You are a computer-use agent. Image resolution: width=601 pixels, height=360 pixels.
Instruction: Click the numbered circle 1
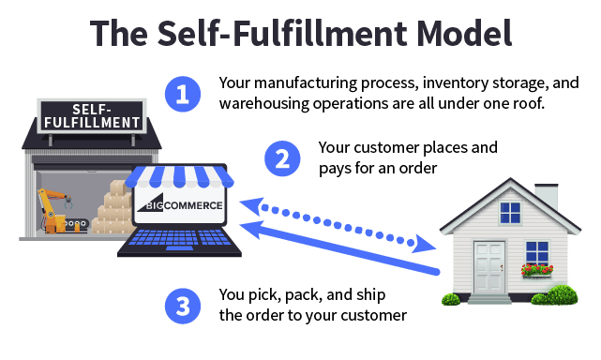[183, 94]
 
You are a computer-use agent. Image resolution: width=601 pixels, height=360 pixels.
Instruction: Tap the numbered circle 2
[282, 158]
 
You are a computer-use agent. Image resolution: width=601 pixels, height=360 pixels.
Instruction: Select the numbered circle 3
[183, 306]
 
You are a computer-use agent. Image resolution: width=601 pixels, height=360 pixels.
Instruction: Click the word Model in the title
[464, 33]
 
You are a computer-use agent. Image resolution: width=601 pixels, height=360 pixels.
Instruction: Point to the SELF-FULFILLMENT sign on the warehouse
[92, 116]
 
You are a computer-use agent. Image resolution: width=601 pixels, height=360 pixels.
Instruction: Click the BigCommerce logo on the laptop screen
[180, 206]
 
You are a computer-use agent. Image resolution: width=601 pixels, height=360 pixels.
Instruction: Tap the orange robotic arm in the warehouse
[54, 210]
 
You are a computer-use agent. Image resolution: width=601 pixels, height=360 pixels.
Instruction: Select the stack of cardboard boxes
[113, 208]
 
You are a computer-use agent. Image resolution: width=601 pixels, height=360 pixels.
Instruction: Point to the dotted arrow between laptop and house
[338, 225]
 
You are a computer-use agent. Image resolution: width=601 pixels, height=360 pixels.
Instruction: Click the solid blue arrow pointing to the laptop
[339, 247]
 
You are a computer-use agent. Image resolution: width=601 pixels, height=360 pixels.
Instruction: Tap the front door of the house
[489, 267]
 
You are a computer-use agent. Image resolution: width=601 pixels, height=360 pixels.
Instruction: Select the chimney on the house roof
[547, 197]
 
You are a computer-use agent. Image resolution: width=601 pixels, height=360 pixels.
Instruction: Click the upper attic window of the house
[510, 213]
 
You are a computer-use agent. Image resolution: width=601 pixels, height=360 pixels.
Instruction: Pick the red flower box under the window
[537, 270]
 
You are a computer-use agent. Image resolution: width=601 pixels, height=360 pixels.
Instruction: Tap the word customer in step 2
[386, 147]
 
